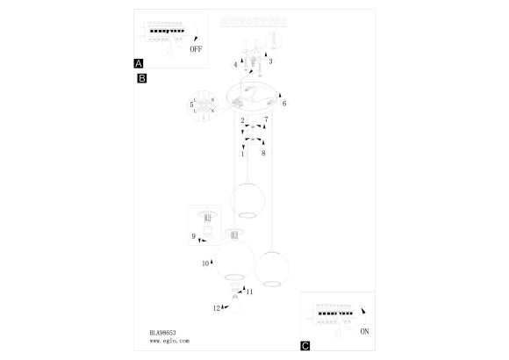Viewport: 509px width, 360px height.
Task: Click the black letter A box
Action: point(139,63)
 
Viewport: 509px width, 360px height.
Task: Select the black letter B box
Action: point(142,78)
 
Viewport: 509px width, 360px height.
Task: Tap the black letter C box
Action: point(305,346)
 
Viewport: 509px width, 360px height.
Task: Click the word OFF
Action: point(196,49)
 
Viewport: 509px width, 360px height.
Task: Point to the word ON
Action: point(364,331)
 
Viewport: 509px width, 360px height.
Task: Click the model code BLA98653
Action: point(162,333)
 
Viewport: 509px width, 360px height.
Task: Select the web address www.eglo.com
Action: point(169,341)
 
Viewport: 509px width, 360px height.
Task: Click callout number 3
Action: point(270,61)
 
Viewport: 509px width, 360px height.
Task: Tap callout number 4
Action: point(236,65)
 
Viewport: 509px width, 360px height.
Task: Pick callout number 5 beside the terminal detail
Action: point(191,104)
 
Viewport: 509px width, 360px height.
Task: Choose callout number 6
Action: point(284,104)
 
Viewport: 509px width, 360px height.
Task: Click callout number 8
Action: point(263,153)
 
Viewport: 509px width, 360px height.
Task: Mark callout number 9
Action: point(193,236)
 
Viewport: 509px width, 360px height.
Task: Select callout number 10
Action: point(205,263)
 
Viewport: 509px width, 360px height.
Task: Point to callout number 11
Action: point(249,292)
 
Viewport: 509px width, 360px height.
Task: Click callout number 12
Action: point(217,308)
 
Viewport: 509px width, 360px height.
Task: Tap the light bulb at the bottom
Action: point(236,304)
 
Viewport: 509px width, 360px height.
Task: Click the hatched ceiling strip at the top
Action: point(254,22)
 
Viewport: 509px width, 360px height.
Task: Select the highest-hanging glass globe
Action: point(247,200)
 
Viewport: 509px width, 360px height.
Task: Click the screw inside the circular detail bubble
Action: point(274,41)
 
